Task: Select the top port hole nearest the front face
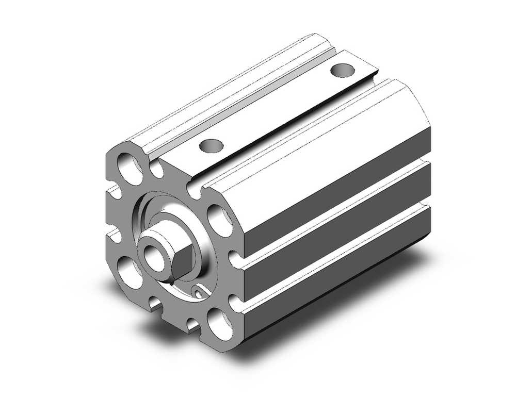211,146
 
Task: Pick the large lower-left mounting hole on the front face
128,271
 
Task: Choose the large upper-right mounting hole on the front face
220,219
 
